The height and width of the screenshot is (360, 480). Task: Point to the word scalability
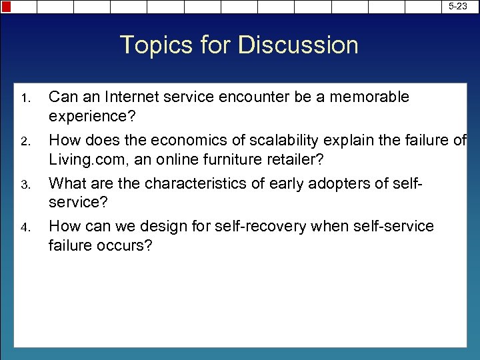pyautogui.click(x=277, y=140)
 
